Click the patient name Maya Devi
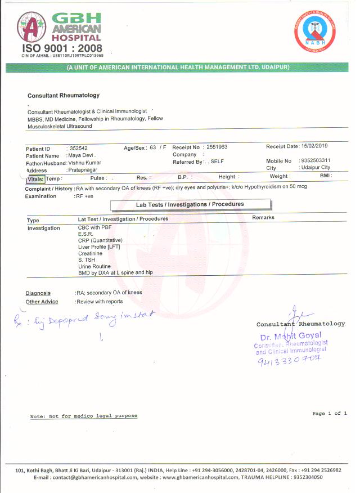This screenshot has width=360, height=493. point(81,155)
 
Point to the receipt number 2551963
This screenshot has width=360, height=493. point(217,147)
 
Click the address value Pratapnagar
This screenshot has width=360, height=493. point(83,169)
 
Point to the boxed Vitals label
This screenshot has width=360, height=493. point(35,178)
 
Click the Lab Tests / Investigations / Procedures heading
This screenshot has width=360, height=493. point(190,204)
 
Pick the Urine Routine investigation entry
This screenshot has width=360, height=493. point(94,266)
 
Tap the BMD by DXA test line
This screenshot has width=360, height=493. point(115,272)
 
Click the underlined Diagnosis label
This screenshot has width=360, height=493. point(38,293)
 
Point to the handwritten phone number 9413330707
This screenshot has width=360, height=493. point(288,358)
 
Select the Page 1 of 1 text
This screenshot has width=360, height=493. point(330,414)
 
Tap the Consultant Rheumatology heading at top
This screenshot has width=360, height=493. point(64,96)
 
